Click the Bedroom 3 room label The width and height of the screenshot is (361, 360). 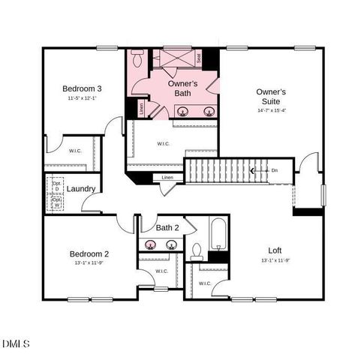83,88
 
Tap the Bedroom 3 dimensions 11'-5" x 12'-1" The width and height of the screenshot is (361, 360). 83,99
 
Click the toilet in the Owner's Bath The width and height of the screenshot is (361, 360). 138,58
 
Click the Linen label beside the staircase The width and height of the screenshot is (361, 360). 167,178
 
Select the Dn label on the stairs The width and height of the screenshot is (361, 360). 275,170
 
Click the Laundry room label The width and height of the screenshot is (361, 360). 80,188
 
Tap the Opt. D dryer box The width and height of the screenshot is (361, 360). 56,184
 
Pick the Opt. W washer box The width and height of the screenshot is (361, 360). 56,202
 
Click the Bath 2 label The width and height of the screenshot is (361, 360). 167,227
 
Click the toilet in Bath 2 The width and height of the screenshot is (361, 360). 197,251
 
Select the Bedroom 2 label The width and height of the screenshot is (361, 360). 90,253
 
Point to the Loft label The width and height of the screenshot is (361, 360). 275,250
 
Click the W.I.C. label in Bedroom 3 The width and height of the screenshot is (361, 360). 75,150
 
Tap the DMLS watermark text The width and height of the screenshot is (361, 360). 16,343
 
